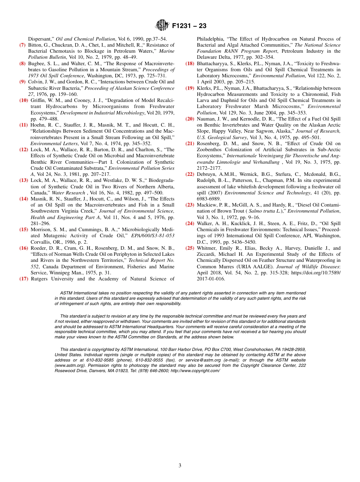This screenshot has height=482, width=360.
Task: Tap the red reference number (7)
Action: coord(23,45)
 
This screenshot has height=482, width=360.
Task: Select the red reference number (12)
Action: coord(23,150)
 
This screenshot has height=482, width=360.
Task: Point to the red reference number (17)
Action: coord(23,279)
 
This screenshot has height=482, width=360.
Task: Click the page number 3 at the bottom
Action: coord(180,465)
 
